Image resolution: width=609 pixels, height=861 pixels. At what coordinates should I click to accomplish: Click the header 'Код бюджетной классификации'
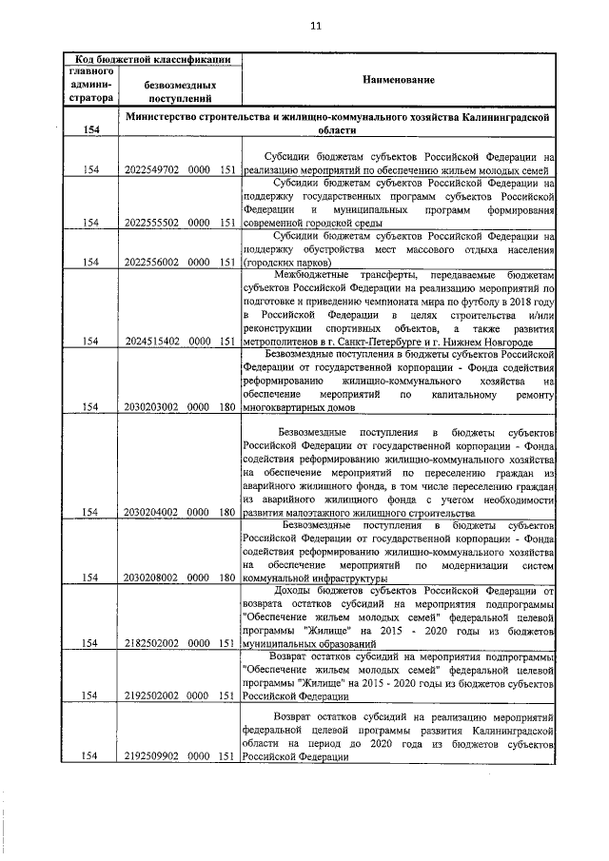click(x=153, y=60)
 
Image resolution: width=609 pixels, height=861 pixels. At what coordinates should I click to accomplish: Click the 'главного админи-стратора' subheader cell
click(x=90, y=84)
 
